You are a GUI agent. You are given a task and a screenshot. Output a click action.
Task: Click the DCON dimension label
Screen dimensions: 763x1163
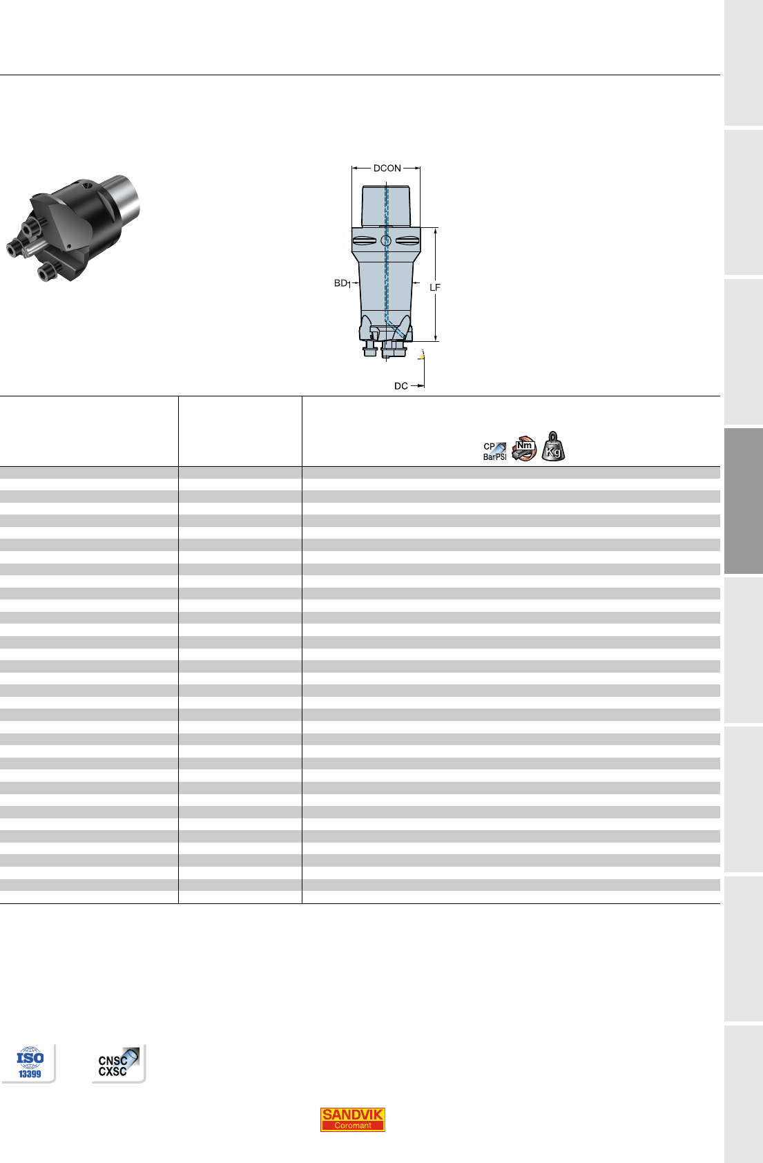[387, 169]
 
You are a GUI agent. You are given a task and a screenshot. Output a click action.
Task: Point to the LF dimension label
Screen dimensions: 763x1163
[435, 287]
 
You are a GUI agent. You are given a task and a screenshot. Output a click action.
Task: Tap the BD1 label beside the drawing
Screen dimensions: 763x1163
[342, 283]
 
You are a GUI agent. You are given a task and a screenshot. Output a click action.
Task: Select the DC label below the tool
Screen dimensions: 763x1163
[400, 386]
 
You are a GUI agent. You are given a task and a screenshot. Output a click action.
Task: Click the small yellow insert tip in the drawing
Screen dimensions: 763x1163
[422, 356]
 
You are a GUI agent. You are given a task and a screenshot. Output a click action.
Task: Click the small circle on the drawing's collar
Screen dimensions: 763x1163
[386, 240]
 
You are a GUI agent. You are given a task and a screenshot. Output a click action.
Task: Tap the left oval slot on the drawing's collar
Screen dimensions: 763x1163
[365, 240]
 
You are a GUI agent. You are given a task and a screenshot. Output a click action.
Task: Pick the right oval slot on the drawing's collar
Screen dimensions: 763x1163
[407, 240]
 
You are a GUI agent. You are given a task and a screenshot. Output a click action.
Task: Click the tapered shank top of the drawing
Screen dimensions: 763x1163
[386, 206]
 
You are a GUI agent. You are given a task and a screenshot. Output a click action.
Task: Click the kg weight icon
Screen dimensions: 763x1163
[553, 447]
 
